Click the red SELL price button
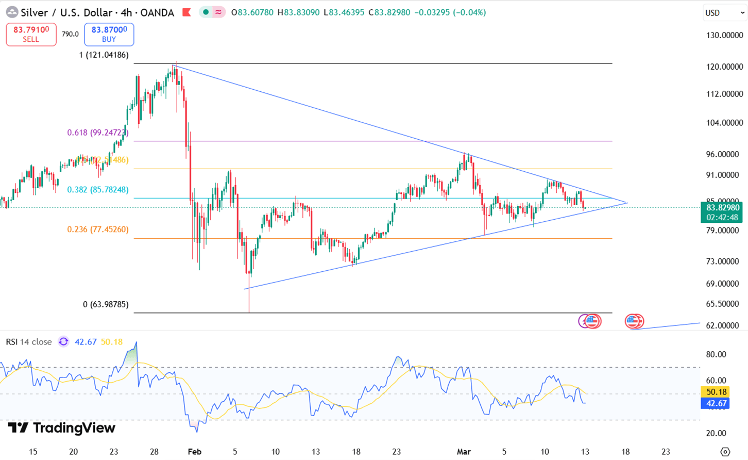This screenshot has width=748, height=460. pos(31,35)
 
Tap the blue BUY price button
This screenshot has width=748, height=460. pos(109,35)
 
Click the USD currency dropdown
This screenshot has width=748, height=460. pos(725,13)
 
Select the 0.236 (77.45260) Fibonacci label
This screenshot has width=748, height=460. pos(98,229)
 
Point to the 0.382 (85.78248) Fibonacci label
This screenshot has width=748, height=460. pos(98,190)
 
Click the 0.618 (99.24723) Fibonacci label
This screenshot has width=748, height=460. pos(98,133)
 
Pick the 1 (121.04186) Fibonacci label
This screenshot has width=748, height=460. pos(104,55)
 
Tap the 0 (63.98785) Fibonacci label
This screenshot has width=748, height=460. pos(106,305)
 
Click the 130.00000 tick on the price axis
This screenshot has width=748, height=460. pos(724,36)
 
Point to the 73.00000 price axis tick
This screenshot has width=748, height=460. pos(722,261)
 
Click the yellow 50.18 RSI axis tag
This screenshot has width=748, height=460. pos(716,392)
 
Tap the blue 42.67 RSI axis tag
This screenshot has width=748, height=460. pos(716,403)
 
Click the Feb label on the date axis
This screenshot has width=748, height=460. pos(194,452)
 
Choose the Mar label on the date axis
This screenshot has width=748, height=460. pos(464,452)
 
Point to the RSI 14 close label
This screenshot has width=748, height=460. pos(29,342)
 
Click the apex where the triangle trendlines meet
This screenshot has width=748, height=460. pos(627,203)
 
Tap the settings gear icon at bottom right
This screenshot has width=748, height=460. pos(725,452)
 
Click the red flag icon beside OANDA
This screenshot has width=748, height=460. pos(186,12)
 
